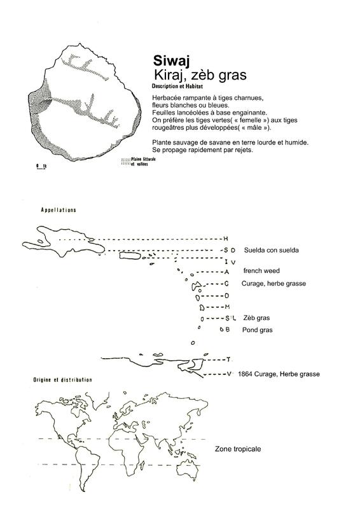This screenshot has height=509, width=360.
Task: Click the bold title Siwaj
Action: [x=171, y=61]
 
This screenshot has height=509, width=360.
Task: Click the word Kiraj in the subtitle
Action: [x=169, y=75]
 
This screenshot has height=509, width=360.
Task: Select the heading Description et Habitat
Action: [x=177, y=87]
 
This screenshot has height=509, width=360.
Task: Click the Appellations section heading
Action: [x=59, y=210]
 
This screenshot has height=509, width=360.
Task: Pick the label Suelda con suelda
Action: [x=272, y=250]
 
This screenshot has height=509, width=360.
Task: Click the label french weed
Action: [x=261, y=271]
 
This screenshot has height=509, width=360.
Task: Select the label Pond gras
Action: [x=258, y=330]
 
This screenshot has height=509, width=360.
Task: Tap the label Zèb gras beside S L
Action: [x=256, y=318]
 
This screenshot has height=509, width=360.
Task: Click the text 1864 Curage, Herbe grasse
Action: [x=279, y=374]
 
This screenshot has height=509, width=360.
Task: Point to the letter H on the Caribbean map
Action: [x=226, y=239]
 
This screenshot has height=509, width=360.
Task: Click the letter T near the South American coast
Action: [x=228, y=359]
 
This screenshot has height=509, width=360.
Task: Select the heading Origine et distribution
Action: [x=63, y=380]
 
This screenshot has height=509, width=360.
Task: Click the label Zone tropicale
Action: [x=238, y=449]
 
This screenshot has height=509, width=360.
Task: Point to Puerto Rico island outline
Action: [x=130, y=256]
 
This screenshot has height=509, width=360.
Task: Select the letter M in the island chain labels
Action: [x=227, y=307]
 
